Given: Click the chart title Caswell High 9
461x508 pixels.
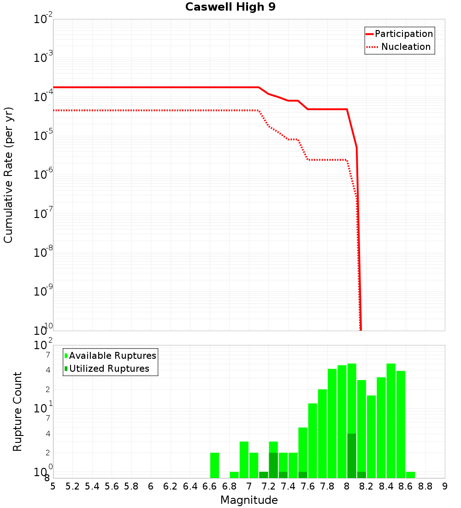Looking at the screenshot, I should tap(230, 7).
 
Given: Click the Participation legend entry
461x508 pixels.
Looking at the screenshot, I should tap(403, 34).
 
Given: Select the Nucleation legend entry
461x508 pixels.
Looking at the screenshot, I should tap(406, 47).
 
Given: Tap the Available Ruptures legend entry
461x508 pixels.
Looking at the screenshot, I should tap(112, 356).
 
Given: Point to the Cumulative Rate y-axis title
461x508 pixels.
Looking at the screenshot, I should tap(8, 175).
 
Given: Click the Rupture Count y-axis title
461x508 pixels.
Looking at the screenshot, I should tap(18, 411).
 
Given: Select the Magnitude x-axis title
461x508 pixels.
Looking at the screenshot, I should tap(249, 500).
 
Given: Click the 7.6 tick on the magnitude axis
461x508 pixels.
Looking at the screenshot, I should tap(307, 486).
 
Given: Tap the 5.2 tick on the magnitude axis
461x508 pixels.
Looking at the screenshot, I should tap(72, 486).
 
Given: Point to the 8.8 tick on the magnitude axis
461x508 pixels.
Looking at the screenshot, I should tap(425, 486).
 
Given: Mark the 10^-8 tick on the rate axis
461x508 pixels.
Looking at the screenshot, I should tap(43, 253).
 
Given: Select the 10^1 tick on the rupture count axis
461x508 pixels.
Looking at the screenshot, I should tap(43, 408).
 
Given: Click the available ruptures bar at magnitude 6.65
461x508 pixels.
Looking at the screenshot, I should tap(214, 466).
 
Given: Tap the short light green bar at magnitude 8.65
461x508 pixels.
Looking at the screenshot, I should tap(410, 475).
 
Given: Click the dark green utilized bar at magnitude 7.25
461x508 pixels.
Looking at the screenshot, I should tap(273, 466).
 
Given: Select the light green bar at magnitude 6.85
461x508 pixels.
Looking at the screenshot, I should tap(234, 475).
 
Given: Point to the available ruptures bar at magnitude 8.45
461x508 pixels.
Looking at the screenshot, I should tap(391, 420).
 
